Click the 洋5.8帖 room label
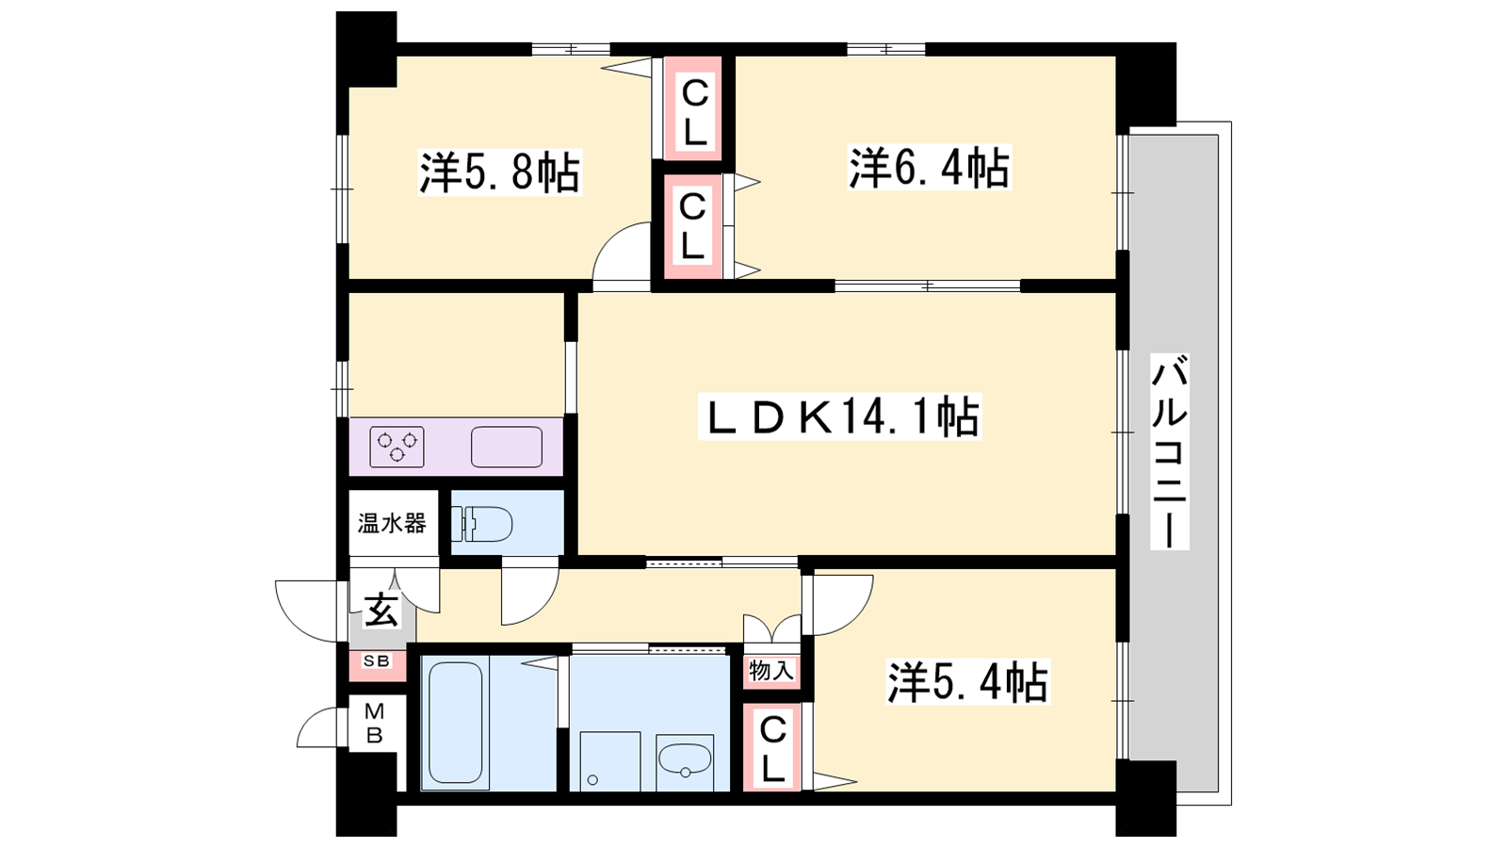(x=500, y=173)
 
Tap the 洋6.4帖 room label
(x=929, y=168)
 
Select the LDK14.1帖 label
(x=839, y=416)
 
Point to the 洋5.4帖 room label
(x=967, y=682)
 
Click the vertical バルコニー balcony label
(x=1169, y=451)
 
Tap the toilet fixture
(x=481, y=524)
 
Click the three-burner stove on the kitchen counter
(x=397, y=447)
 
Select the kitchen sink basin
(x=507, y=447)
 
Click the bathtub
(x=455, y=723)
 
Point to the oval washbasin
(x=685, y=759)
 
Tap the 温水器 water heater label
(x=392, y=523)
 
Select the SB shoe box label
(x=377, y=660)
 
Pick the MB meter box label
(x=374, y=723)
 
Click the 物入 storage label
(x=771, y=670)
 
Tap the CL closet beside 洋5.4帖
(x=772, y=748)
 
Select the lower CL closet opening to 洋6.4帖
(x=693, y=227)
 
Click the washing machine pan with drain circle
(x=609, y=761)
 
